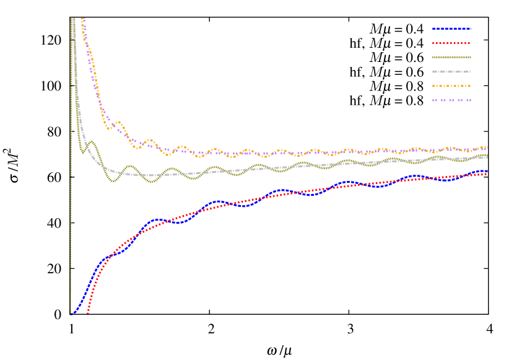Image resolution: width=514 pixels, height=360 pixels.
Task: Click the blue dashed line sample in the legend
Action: tap(451, 29)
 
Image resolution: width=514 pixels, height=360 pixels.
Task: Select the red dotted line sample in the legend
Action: tap(451, 43)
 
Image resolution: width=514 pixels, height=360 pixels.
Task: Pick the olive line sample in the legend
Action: tap(451, 58)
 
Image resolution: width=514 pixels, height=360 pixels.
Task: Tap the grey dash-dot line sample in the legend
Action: tap(451, 72)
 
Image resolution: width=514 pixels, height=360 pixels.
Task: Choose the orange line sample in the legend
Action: tap(451, 86)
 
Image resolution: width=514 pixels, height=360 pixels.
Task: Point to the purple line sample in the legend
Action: tap(451, 100)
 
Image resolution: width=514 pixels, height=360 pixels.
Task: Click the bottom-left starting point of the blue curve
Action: tap(71, 314)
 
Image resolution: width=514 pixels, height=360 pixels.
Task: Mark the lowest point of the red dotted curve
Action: tap(88, 313)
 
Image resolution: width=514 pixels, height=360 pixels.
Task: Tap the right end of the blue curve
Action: tap(487, 170)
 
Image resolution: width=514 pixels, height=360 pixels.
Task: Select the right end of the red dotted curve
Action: tap(487, 174)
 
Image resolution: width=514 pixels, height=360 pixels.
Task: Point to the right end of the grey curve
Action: tap(487, 157)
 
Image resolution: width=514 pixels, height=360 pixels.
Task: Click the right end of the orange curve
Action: tap(487, 147)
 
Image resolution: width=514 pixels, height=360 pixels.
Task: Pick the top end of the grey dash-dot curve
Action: tap(74, 19)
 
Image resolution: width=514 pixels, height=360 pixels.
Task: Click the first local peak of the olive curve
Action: tap(92, 142)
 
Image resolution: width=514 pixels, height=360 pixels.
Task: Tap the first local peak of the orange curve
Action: tap(118, 122)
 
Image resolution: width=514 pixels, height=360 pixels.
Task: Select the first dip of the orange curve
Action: tap(109, 129)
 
